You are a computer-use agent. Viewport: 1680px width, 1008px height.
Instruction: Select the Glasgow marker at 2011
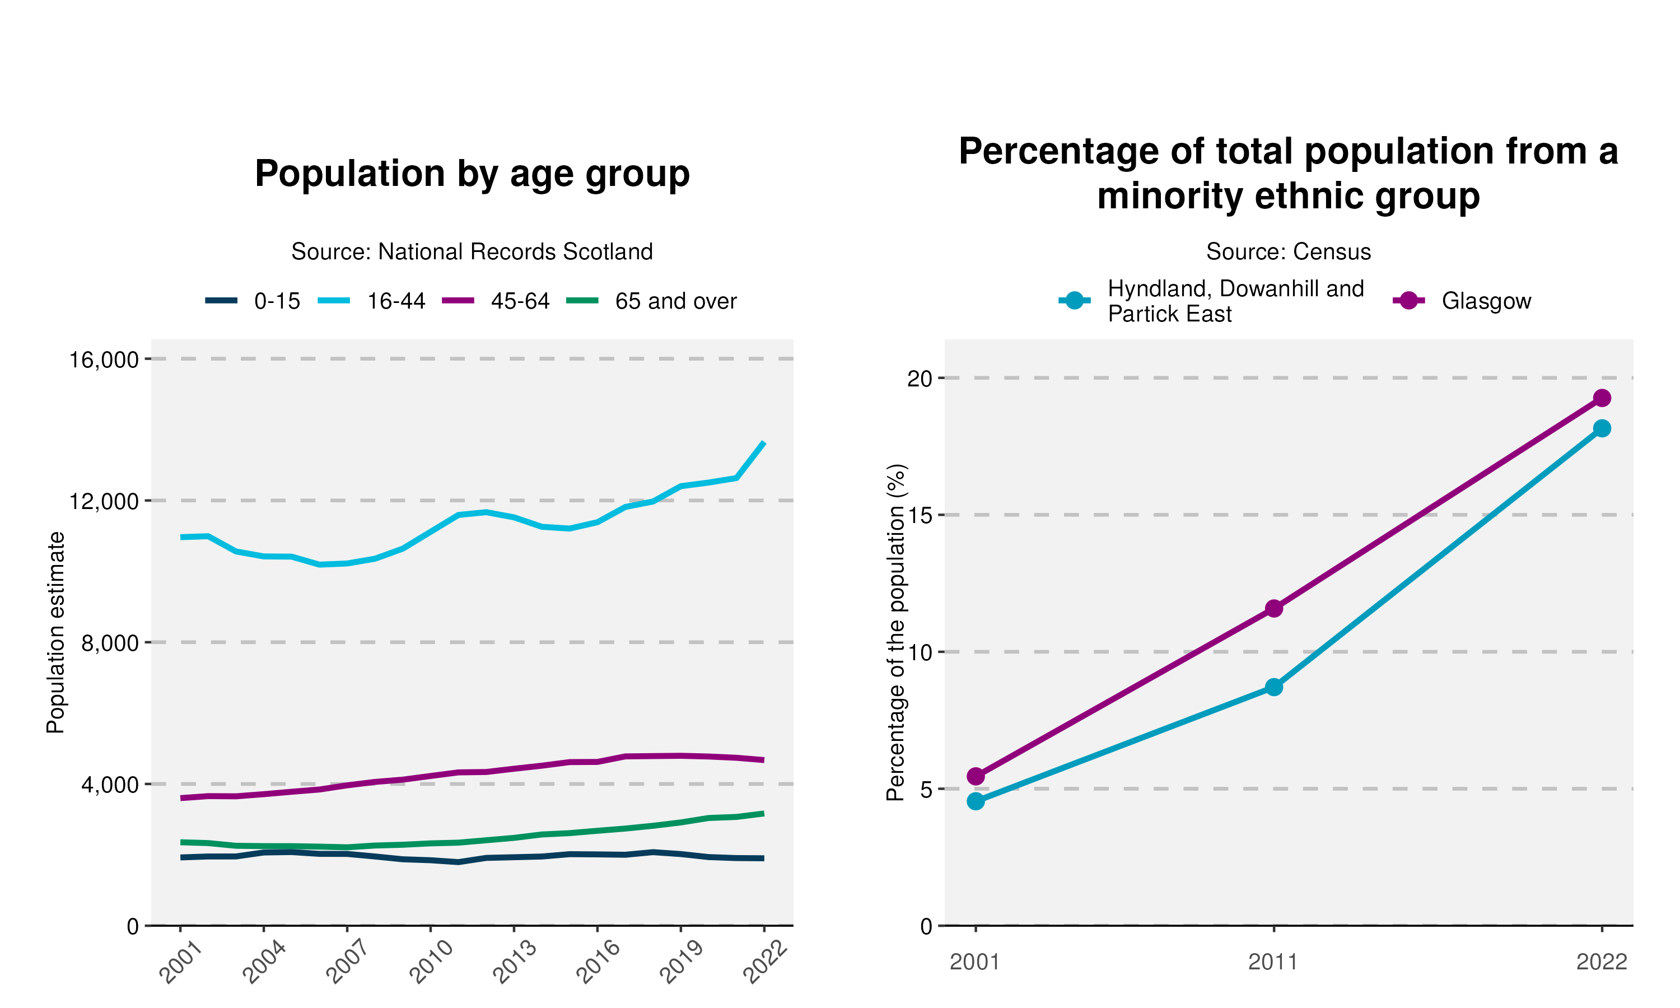coord(1274,609)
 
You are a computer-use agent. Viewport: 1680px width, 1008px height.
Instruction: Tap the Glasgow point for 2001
coord(976,776)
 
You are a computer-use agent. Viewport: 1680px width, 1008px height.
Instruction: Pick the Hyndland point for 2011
coord(1274,687)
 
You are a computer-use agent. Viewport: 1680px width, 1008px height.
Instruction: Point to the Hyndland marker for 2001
coord(976,801)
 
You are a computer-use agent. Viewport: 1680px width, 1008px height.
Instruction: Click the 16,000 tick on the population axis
coord(104,360)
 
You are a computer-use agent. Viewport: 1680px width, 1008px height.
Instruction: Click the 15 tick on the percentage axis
coord(920,515)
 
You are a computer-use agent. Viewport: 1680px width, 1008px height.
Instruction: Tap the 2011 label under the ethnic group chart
coord(1273,963)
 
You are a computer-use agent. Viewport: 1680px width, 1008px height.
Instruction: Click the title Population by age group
coord(472,174)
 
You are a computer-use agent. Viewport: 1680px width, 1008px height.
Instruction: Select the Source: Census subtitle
coord(1288,252)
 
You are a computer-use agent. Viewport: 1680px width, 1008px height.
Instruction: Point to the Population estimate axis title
coord(55,632)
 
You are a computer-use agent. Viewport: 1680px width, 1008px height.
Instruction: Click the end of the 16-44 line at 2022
coord(764,443)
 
